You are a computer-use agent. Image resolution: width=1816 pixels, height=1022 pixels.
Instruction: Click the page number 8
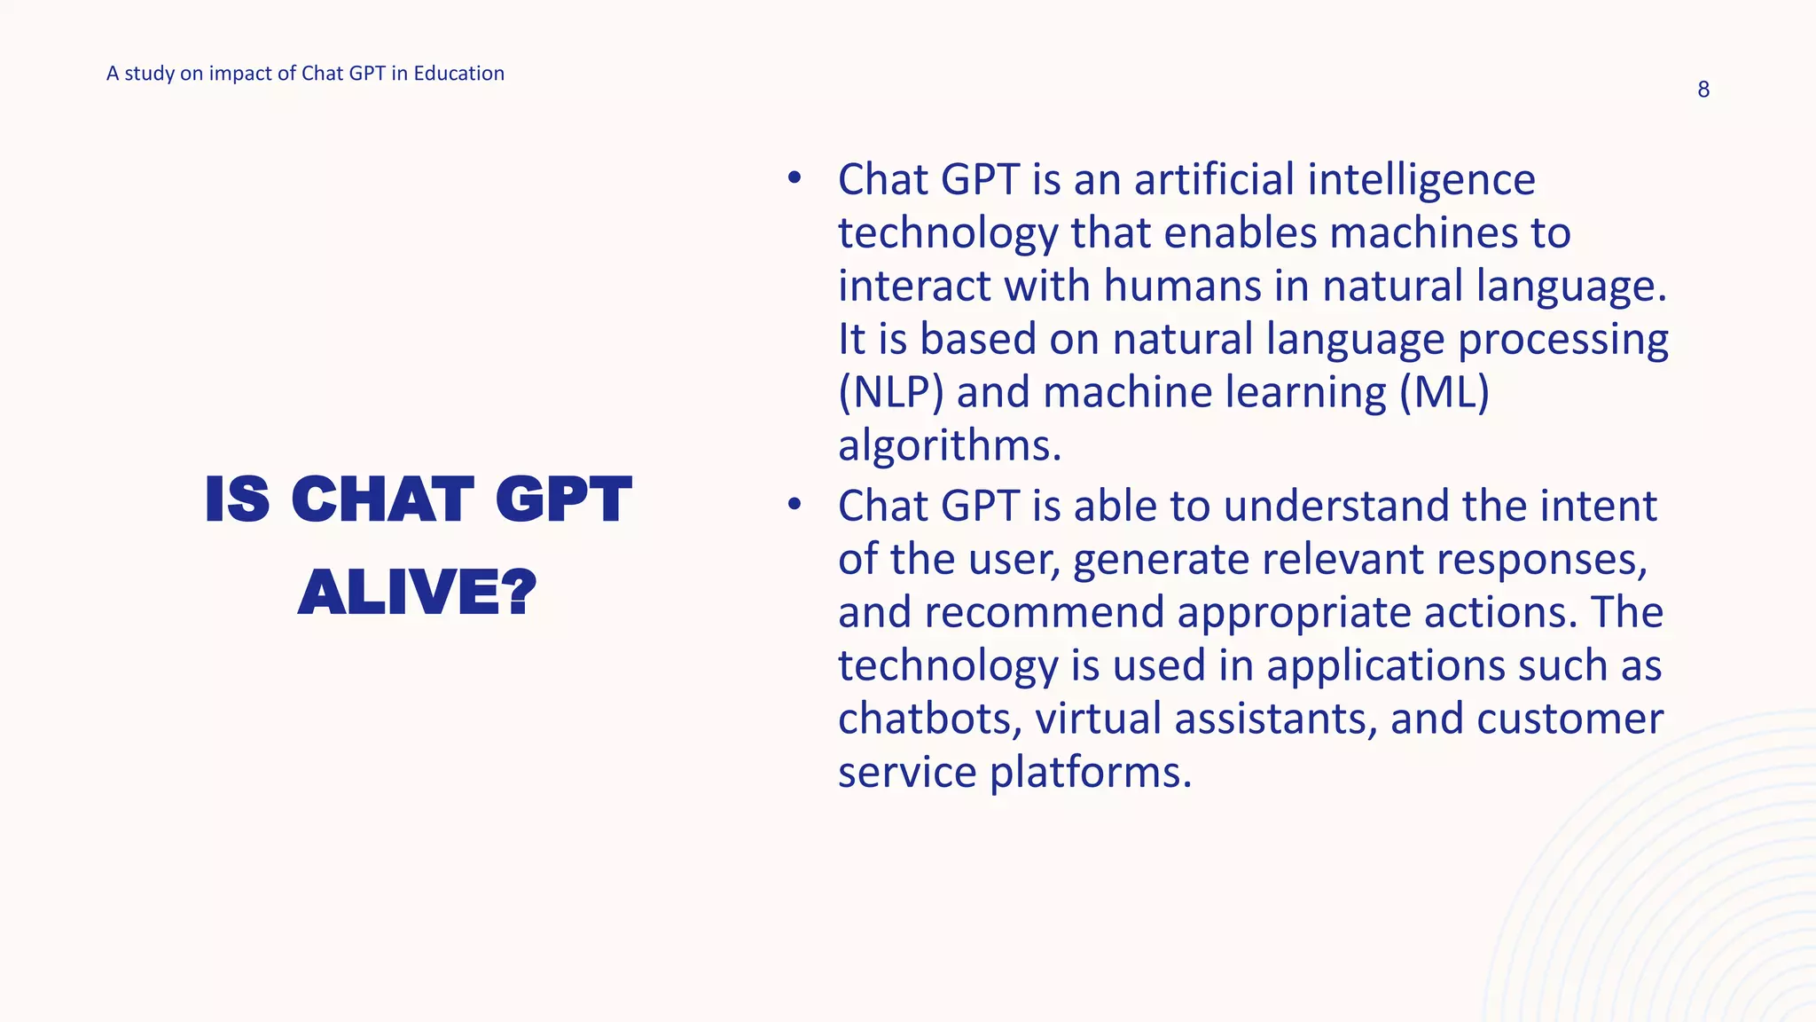[1702, 90]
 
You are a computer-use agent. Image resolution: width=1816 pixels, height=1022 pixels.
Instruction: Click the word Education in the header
[458, 74]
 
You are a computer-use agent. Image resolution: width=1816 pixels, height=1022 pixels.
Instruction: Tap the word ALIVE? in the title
[418, 592]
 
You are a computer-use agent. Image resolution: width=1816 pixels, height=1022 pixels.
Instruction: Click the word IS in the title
[237, 499]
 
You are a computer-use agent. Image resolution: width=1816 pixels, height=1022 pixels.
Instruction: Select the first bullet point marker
[794, 178]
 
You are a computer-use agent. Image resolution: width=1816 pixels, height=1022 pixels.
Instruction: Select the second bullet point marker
[794, 505]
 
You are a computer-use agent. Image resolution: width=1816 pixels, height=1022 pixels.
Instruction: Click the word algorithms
[949, 445]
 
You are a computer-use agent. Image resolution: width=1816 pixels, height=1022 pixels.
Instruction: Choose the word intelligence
[1421, 181]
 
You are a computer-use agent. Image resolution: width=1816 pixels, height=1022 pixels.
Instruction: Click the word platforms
[1090, 772]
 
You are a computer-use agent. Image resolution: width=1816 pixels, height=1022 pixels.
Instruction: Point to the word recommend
[1044, 612]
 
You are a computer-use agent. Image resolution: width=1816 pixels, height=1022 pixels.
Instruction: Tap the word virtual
[1098, 719]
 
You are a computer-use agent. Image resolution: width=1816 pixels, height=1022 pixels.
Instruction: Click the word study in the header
[149, 74]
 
